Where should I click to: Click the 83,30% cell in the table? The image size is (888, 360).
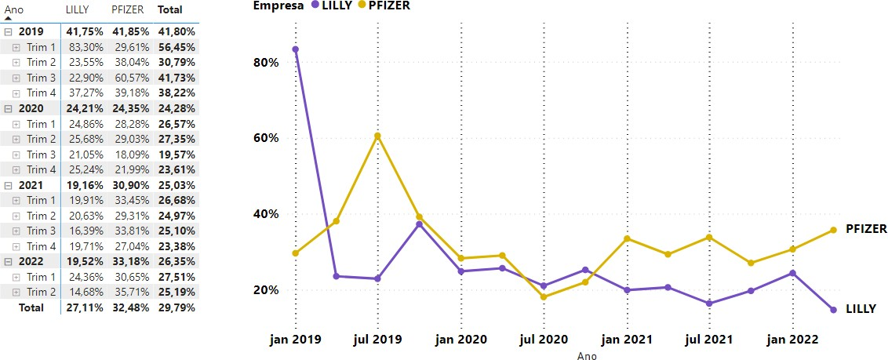[x=81, y=47]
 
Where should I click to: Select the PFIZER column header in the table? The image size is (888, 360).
[x=127, y=9]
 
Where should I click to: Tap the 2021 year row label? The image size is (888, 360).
[x=31, y=185]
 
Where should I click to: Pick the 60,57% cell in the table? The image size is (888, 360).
[x=128, y=78]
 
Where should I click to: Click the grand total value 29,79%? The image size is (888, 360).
[x=176, y=307]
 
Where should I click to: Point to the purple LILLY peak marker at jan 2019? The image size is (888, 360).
[x=295, y=49]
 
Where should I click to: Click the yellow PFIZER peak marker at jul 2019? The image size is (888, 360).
[x=377, y=136]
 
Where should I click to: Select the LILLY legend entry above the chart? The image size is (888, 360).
[x=336, y=5]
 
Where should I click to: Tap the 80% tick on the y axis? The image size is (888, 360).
[x=267, y=62]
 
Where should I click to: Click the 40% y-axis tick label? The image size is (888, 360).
[x=267, y=214]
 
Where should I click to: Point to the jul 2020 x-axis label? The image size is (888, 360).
[x=544, y=340]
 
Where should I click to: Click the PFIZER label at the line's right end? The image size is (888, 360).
[x=866, y=229]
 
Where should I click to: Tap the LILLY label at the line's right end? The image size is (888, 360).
[x=861, y=309]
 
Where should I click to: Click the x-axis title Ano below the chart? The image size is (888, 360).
[x=587, y=355]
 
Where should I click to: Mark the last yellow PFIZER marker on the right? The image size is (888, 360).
[x=833, y=230]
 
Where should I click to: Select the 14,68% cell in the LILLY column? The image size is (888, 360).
[x=81, y=292]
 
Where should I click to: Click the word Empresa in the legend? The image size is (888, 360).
[x=278, y=5]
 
